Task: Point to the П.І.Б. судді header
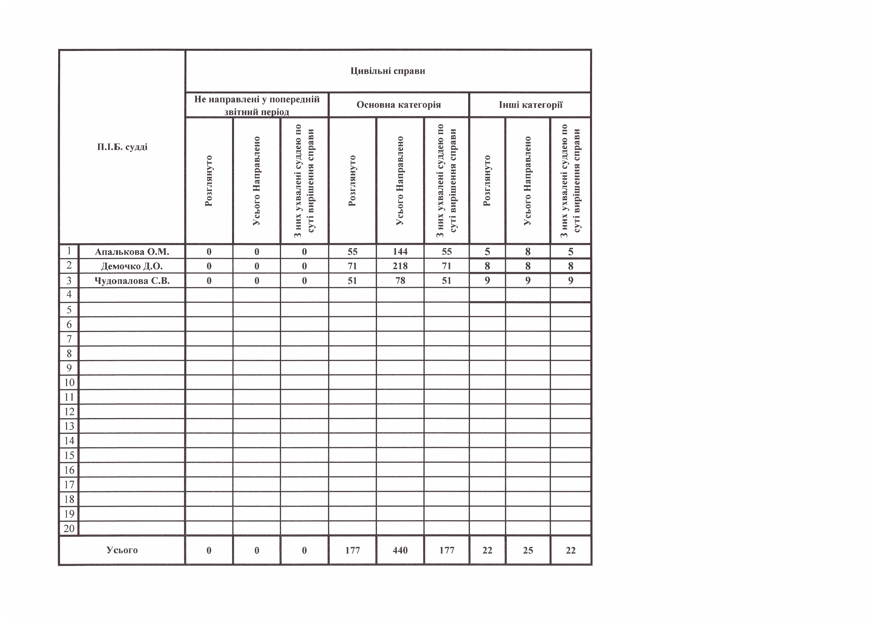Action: (x=122, y=147)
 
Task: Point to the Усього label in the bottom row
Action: (x=122, y=550)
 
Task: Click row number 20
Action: (x=69, y=528)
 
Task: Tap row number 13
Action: (x=69, y=426)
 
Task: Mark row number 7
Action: (x=69, y=339)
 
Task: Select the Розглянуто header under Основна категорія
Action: (x=352, y=181)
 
